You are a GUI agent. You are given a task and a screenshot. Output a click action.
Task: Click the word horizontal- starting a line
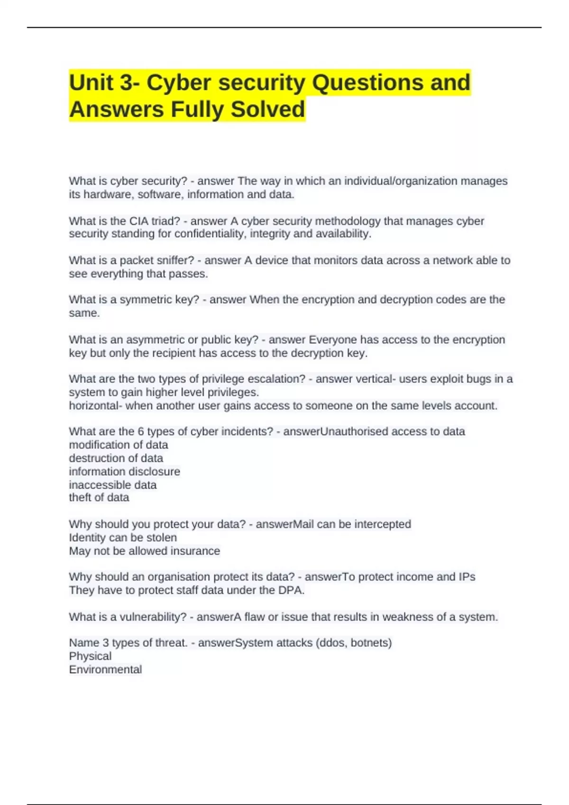(95, 406)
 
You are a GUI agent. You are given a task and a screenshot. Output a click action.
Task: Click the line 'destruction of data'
(116, 458)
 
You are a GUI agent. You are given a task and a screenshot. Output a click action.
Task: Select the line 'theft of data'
(99, 498)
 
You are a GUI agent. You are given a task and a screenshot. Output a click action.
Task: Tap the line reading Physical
(90, 656)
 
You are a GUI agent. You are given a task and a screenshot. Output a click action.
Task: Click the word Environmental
(105, 670)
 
